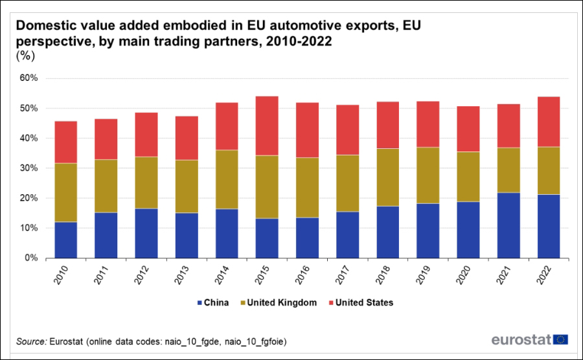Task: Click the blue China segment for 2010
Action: coord(67,240)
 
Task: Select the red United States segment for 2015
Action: coord(268,126)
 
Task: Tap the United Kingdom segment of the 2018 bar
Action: coord(388,177)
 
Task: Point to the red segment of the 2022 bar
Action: coord(549,122)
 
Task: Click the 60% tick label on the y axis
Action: coord(30,78)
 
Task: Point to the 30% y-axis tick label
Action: coord(30,168)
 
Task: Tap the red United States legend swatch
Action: coord(332,302)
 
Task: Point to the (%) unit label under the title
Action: coord(25,56)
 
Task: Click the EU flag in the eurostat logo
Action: coord(562,339)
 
